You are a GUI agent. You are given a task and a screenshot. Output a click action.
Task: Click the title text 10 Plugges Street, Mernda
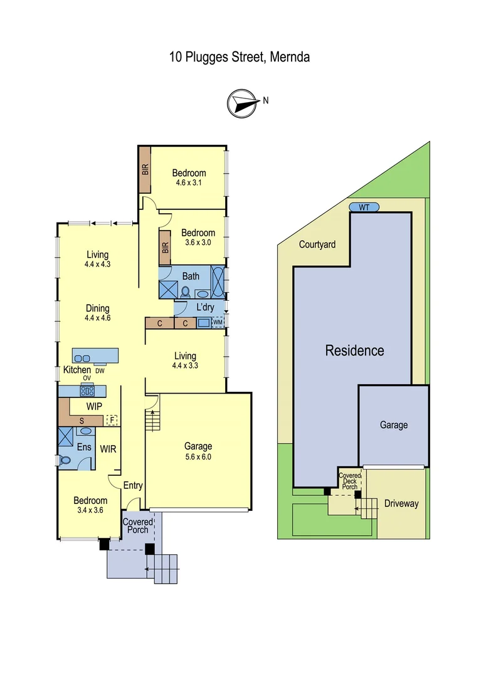239,57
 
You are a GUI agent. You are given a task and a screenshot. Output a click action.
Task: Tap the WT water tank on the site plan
364,207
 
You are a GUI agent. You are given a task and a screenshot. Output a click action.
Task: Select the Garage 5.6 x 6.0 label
197,451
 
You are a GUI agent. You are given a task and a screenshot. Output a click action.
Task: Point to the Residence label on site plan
354,350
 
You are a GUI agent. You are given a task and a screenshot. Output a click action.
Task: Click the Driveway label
401,503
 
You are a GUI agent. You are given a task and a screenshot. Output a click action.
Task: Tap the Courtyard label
317,244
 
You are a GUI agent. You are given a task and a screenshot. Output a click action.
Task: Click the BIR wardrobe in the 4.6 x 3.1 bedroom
145,170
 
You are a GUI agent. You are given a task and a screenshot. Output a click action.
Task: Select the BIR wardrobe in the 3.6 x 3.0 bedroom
165,247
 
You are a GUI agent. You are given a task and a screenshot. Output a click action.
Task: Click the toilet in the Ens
65,460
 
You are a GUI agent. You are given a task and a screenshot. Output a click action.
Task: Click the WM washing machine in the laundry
218,322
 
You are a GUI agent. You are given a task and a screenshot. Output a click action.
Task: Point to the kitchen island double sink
82,358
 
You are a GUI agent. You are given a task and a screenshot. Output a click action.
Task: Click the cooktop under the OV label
87,391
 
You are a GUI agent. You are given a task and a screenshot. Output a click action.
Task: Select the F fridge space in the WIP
112,420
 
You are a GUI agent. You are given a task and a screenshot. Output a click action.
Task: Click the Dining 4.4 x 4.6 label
97,313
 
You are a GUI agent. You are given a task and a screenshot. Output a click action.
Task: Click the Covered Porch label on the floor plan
137,525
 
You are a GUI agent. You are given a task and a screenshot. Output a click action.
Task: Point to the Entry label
133,485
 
